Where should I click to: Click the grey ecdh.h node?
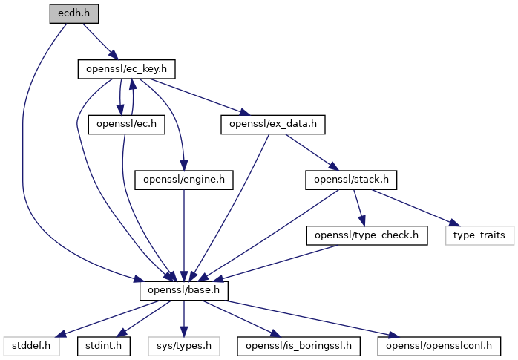point(74,14)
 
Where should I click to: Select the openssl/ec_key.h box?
point(126,69)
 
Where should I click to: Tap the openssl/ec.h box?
point(126,125)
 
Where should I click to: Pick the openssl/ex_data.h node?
point(273,125)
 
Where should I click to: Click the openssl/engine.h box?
point(184,180)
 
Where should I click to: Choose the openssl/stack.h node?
point(351,180)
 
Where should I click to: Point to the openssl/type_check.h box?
point(367,235)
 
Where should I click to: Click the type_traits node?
point(479,235)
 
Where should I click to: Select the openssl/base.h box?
point(184,291)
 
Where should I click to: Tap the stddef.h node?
point(31,347)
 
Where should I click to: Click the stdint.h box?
point(104,347)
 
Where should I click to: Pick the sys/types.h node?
point(184,347)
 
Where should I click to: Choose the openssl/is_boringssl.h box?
point(298,347)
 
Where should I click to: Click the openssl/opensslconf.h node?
point(439,347)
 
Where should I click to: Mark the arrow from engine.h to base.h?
point(184,235)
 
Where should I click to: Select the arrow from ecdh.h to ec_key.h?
point(100,42)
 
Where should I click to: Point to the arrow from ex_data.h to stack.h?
point(312,152)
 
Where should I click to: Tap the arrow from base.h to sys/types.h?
point(184,318)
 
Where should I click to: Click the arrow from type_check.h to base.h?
point(277,264)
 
